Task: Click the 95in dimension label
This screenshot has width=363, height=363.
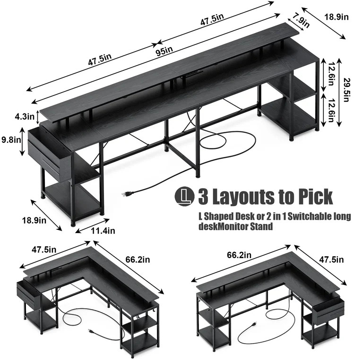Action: (x=164, y=51)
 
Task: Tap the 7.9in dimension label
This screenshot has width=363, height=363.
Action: (x=301, y=20)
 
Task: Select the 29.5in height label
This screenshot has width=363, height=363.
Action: (x=346, y=90)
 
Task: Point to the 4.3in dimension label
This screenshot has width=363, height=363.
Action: (x=24, y=116)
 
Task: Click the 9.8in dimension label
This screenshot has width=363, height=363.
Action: (x=11, y=140)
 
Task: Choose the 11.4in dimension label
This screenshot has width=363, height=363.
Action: (x=103, y=231)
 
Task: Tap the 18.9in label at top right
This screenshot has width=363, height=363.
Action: (x=336, y=17)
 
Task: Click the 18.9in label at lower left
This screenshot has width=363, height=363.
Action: (x=34, y=220)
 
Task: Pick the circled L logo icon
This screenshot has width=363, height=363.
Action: (x=184, y=197)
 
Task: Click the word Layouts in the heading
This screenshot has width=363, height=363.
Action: (x=243, y=197)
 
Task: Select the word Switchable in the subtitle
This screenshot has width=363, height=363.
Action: (x=311, y=216)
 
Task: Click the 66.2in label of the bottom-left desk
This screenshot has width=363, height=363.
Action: (x=138, y=259)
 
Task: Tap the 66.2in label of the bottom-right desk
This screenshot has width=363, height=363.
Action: (x=239, y=255)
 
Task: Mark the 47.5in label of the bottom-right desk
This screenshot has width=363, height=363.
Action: (x=331, y=259)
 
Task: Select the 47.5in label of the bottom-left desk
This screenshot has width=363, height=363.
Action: (x=44, y=250)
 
